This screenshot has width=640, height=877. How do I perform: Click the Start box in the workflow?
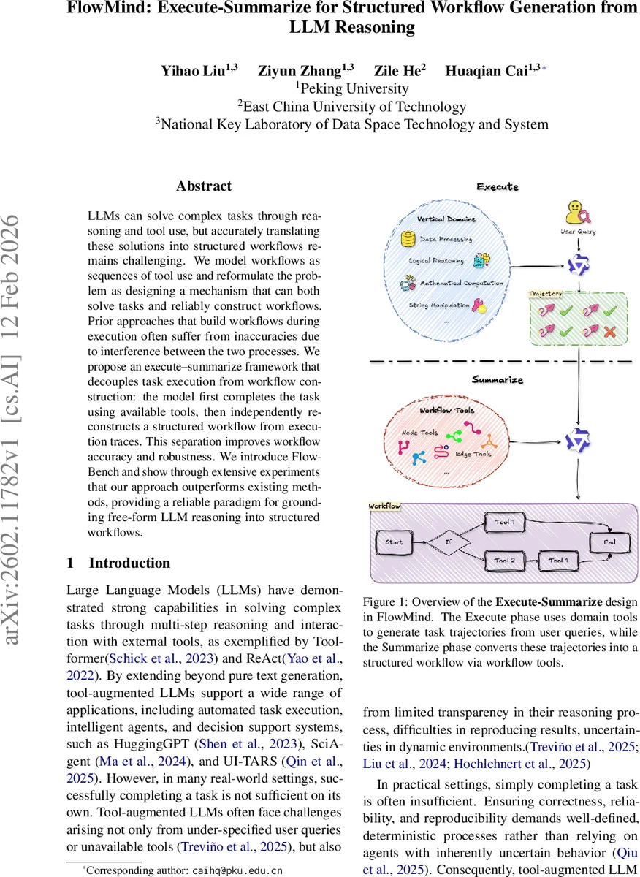393,542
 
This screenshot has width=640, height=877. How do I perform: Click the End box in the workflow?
609,542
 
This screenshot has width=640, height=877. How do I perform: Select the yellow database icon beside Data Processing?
407,238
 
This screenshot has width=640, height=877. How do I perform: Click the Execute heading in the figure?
498,187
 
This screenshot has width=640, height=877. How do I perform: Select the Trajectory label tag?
546,293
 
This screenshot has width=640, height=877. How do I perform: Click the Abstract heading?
203,186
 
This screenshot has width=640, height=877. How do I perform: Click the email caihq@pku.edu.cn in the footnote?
237,870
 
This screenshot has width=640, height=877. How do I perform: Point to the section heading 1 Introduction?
118,563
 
